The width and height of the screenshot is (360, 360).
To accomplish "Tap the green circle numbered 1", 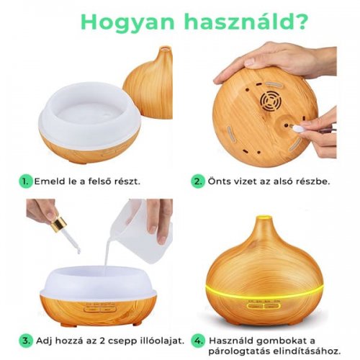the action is point(26,181).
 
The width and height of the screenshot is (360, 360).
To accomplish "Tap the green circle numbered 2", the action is point(198,181).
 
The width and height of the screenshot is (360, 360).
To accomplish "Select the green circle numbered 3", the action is point(26,341).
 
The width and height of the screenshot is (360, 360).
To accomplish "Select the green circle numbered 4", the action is point(198,341).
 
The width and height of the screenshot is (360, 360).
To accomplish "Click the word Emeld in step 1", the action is point(50,181).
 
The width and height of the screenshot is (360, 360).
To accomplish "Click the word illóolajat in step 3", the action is point(158,341).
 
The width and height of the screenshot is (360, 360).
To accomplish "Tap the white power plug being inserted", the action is point(297,129).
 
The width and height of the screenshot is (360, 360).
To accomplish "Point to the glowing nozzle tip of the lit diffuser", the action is point(264,219).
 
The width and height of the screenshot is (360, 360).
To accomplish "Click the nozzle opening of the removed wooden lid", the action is point(164,49).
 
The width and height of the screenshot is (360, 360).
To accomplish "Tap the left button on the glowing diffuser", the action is point(255,306).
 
